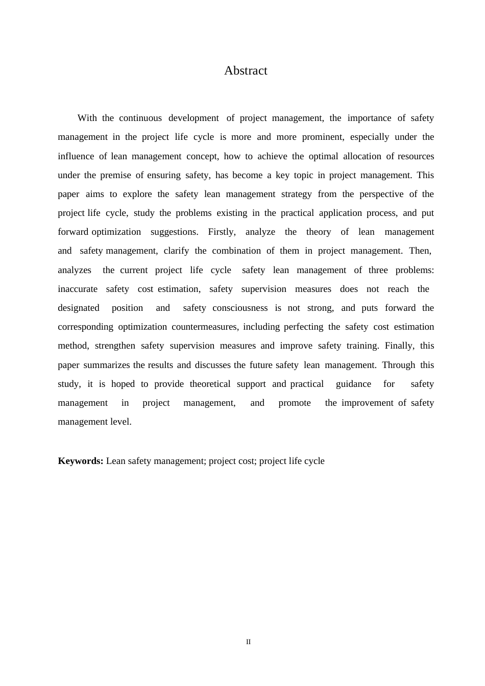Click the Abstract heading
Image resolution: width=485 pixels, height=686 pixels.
(246, 70)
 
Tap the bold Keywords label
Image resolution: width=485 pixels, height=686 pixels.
(81, 461)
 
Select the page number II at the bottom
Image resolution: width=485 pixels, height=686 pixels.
(249, 642)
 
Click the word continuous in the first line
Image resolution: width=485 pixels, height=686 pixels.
(140, 118)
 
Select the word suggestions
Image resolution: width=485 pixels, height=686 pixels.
(175, 232)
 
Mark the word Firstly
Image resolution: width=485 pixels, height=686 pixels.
(222, 232)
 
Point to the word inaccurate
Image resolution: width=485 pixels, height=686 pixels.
(78, 289)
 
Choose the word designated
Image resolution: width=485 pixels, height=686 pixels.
(79, 308)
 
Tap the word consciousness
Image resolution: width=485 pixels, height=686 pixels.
(240, 308)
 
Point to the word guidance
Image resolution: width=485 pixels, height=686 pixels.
(353, 384)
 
